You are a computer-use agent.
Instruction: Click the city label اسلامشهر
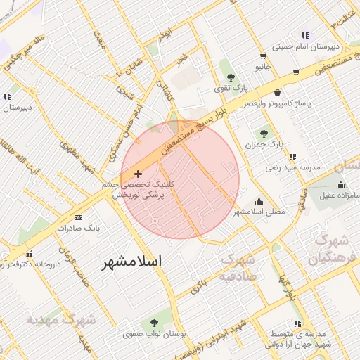131,262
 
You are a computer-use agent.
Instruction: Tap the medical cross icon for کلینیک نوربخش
137,173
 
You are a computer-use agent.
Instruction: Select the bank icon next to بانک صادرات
77,217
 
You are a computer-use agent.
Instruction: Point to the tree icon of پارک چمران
264,134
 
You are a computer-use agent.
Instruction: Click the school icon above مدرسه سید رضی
292,157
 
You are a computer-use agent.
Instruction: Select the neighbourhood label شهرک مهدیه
61,319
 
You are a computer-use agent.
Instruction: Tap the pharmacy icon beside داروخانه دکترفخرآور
29,254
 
